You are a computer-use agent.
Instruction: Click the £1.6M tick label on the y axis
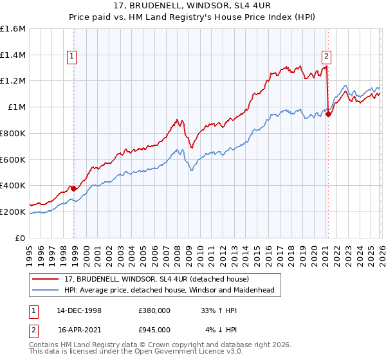(13, 29)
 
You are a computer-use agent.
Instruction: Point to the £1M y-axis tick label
(17, 107)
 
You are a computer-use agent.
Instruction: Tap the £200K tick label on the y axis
(13, 212)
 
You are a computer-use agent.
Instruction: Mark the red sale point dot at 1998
(74, 188)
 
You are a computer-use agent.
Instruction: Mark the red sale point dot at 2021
(328, 114)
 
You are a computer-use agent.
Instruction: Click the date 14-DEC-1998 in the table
(79, 310)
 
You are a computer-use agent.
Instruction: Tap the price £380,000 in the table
(154, 310)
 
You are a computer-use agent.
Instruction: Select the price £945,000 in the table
(154, 330)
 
